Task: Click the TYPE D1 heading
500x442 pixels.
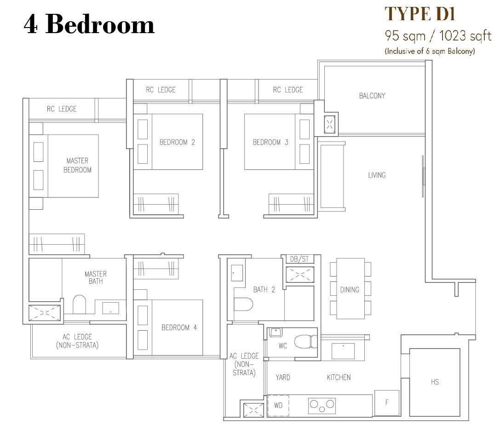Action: [420, 14]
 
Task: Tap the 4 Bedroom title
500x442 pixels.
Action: [89, 24]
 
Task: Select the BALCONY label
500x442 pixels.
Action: [372, 96]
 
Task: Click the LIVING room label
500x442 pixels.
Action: [377, 175]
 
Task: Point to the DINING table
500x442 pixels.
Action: [351, 288]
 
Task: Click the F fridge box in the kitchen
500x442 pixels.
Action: [386, 403]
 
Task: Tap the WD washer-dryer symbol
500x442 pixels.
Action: [278, 405]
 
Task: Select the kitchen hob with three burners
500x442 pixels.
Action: [322, 406]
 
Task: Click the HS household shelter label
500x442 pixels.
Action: [435, 382]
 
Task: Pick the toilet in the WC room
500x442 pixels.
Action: [305, 342]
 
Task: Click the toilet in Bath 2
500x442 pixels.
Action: [243, 304]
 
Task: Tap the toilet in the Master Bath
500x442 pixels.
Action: [80, 304]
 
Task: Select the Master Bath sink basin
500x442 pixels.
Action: [110, 308]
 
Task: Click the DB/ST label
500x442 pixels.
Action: [299, 259]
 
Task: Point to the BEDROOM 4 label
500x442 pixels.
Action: [179, 327]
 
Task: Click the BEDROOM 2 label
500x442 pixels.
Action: [177, 142]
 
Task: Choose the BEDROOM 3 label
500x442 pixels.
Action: [270, 142]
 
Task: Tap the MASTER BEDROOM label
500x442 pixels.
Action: [77, 165]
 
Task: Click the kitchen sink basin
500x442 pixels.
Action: [343, 351]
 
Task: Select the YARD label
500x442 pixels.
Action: [283, 378]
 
